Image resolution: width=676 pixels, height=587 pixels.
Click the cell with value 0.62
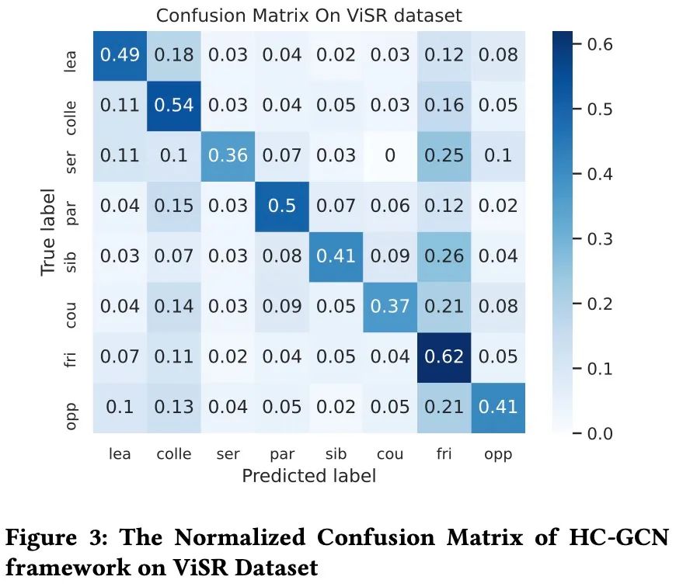click(444, 357)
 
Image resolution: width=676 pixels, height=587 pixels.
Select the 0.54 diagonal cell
click(174, 105)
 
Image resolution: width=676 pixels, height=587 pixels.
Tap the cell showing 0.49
click(120, 55)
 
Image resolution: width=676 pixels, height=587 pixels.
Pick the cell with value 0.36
click(228, 155)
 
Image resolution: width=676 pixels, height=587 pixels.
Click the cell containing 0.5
click(282, 206)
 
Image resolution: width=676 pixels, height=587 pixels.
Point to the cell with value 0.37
click(390, 307)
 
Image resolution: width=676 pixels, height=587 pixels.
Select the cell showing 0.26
click(444, 256)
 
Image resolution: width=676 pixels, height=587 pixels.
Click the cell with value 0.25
click(444, 155)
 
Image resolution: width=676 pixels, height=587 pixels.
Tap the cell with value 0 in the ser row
click(390, 155)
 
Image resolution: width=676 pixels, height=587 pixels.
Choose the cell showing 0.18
click(174, 55)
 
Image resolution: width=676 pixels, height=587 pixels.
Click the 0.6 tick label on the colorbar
click(598, 44)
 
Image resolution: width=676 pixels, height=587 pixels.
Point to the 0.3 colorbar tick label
click(598, 238)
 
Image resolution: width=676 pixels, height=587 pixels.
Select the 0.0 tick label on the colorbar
click(598, 432)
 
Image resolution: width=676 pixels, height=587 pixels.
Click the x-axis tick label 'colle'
click(174, 454)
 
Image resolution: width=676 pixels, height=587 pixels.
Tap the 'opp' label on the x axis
click(498, 454)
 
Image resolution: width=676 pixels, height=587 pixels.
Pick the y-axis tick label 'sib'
click(71, 256)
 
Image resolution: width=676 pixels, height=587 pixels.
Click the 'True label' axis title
click(49, 231)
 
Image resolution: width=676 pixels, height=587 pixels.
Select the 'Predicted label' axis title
click(308, 476)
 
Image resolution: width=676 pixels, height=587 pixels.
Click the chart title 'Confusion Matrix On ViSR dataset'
click(308, 16)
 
